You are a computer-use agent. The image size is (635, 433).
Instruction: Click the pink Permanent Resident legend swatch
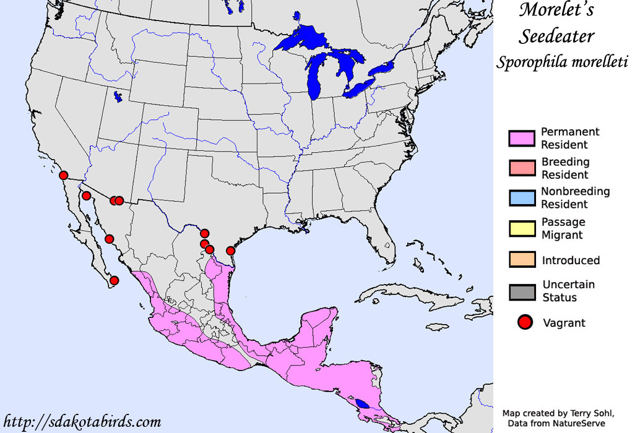click(522, 139)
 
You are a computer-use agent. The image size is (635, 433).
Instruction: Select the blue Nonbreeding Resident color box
click(522, 198)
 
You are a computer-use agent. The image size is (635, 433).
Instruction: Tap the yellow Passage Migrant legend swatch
click(522, 228)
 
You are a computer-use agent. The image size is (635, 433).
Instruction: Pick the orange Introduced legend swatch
click(522, 260)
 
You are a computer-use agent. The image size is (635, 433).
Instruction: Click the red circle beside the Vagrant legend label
click(525, 322)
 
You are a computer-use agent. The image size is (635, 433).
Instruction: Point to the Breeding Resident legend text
click(565, 168)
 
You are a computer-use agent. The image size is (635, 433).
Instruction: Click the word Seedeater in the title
click(556, 36)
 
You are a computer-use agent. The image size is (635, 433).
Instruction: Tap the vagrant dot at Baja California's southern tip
click(114, 280)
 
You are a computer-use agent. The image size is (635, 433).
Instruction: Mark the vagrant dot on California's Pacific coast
click(63, 175)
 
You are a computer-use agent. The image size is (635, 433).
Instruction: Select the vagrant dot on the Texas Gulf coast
click(230, 251)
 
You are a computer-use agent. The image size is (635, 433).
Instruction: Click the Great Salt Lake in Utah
click(117, 96)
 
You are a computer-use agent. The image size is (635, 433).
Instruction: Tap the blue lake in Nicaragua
click(365, 404)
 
